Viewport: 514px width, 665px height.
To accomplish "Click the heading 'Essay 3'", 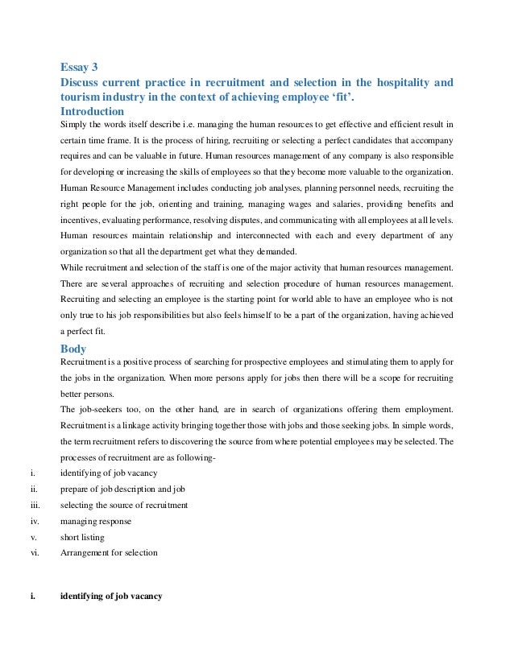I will (x=81, y=67).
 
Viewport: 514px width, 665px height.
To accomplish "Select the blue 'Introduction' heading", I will (x=93, y=111).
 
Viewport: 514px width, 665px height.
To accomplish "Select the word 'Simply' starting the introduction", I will (x=74, y=125).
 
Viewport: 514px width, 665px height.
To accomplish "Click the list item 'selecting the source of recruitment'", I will (x=124, y=505).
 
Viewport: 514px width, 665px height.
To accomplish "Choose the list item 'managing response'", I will (x=96, y=521).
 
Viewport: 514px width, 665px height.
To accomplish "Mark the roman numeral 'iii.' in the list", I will (x=35, y=505).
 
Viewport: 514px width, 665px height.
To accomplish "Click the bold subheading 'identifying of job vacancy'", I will (x=111, y=597).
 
